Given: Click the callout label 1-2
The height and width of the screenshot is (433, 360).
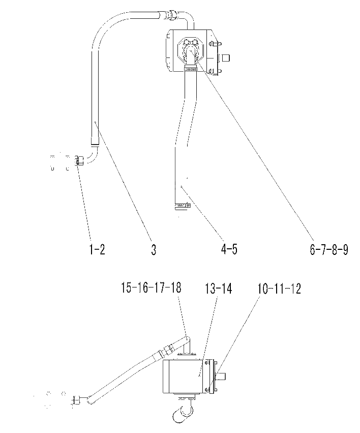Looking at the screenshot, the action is (x=97, y=250).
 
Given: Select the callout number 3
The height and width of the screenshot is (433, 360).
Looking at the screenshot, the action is (x=154, y=250).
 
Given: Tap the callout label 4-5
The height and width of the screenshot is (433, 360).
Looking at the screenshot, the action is (x=229, y=249).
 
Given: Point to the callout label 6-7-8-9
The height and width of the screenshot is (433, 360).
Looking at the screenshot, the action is (x=329, y=250).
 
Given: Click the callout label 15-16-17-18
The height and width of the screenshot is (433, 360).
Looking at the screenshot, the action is (x=151, y=287).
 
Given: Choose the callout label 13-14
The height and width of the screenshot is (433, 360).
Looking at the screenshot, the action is (x=218, y=288).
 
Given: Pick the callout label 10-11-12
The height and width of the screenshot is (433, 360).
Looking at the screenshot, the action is (x=279, y=288).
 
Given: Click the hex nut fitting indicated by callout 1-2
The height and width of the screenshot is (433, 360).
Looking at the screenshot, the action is (x=79, y=160).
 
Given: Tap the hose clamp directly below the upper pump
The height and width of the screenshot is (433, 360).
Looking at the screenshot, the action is (x=190, y=68).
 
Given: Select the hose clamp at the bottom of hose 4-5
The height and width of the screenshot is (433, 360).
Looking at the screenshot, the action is (x=183, y=206).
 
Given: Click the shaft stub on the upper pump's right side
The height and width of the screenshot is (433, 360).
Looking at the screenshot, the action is (x=225, y=57).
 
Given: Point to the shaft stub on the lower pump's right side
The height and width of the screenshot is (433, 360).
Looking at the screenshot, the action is (x=221, y=376).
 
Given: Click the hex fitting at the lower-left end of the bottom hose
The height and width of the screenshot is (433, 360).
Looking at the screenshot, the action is (x=76, y=400).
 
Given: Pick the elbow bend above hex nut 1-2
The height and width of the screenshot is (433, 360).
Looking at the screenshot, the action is (x=93, y=155).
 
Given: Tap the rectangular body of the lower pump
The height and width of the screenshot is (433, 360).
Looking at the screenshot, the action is (x=183, y=376).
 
